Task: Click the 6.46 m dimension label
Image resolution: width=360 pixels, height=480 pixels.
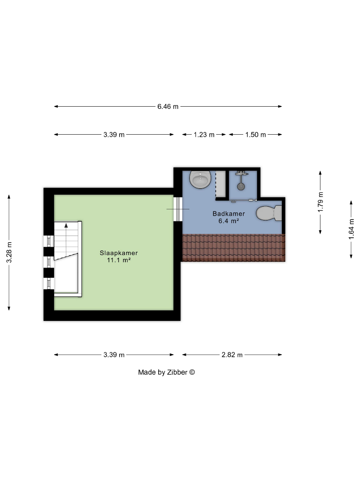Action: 168,107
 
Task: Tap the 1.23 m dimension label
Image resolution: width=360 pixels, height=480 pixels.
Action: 204,135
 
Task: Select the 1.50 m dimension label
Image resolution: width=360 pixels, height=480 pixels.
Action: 255,135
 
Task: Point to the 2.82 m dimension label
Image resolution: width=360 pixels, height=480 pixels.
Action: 232,355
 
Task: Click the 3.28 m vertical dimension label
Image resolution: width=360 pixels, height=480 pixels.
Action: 9,252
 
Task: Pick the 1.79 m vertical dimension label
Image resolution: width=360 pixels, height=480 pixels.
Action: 320,202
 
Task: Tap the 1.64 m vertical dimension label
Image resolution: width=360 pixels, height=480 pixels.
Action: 352,229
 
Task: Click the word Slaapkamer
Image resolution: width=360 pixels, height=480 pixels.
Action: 119,253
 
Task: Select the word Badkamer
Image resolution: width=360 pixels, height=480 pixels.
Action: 229,214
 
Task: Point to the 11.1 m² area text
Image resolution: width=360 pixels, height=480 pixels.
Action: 119,260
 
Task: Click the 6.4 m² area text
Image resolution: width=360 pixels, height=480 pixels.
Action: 229,221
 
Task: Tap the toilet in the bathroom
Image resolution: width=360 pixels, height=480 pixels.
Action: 269,213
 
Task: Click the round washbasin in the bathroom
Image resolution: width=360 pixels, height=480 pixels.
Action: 200,180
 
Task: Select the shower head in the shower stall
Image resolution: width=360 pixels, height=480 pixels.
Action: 241,186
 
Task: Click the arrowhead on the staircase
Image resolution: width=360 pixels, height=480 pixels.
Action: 66,226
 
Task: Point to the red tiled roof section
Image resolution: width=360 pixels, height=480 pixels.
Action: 234,248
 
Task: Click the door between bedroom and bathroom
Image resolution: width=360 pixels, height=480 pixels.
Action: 178,209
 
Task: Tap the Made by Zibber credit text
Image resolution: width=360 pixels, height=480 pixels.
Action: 163,372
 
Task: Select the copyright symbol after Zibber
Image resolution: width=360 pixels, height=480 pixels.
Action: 192,372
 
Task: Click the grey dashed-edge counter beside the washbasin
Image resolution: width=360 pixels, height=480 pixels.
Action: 220,184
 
